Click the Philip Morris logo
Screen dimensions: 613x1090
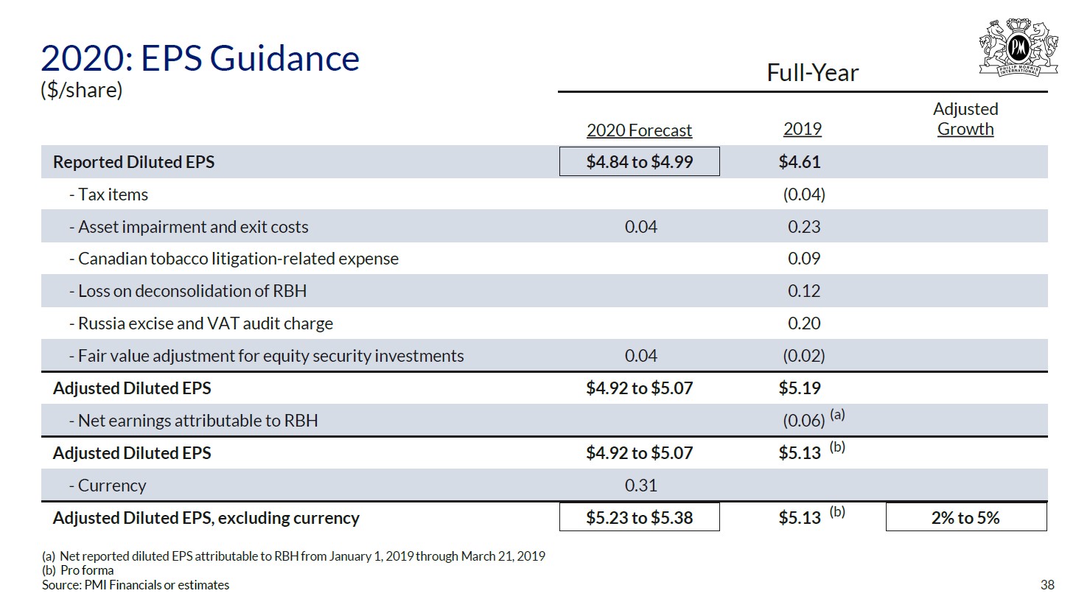pyautogui.click(x=1019, y=47)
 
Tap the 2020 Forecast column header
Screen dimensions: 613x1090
pyautogui.click(x=639, y=130)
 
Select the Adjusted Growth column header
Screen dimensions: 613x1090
pyautogui.click(x=965, y=119)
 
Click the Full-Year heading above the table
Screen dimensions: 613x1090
pyautogui.click(x=812, y=73)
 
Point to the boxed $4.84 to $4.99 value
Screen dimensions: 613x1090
pyautogui.click(x=639, y=162)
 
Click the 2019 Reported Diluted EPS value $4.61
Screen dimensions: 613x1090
pyautogui.click(x=800, y=162)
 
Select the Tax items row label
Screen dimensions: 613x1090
pyautogui.click(x=113, y=195)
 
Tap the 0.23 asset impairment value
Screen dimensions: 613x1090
pyautogui.click(x=803, y=227)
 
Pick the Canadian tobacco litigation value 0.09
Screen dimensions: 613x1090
pyautogui.click(x=803, y=259)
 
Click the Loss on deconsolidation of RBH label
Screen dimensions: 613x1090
pyautogui.click(x=192, y=291)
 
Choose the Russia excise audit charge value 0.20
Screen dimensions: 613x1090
pyautogui.click(x=803, y=323)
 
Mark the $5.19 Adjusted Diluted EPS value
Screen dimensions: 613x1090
pyautogui.click(x=800, y=388)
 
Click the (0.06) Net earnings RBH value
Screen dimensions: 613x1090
pyautogui.click(x=803, y=421)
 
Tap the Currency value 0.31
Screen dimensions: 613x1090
pyautogui.click(x=640, y=486)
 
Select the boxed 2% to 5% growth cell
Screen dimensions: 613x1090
pyautogui.click(x=965, y=518)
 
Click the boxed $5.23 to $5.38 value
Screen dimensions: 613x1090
pyautogui.click(x=639, y=518)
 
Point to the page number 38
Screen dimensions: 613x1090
pyautogui.click(x=1047, y=585)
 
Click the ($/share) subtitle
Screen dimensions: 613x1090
pyautogui.click(x=81, y=90)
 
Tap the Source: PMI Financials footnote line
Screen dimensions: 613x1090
pyautogui.click(x=136, y=585)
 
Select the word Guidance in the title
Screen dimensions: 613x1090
pyautogui.click(x=250, y=58)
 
